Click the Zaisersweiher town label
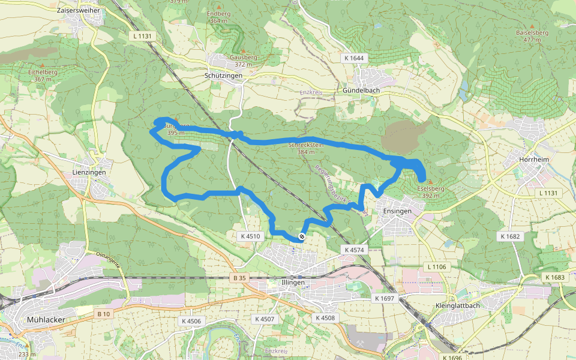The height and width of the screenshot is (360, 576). click(x=79, y=11)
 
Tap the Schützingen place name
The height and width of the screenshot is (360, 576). click(x=223, y=76)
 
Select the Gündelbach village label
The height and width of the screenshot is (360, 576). click(x=361, y=90)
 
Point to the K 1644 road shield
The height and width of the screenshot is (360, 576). click(x=354, y=58)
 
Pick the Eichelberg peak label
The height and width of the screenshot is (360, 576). click(x=42, y=72)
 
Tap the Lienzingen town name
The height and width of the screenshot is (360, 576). click(x=88, y=172)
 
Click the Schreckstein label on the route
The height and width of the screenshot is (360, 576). click(x=306, y=145)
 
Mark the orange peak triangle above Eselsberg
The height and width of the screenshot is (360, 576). click(x=430, y=181)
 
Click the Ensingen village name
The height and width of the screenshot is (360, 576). click(x=397, y=211)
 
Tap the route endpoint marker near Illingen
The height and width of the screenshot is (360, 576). click(x=302, y=237)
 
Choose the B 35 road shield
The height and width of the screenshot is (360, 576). click(x=239, y=278)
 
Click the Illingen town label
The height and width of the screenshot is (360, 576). click(x=293, y=282)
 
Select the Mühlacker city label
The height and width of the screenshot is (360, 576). click(x=46, y=320)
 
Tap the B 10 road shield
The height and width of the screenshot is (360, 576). click(x=103, y=314)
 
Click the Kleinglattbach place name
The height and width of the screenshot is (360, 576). click(x=457, y=305)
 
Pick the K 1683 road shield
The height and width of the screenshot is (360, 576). click(x=556, y=277)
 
